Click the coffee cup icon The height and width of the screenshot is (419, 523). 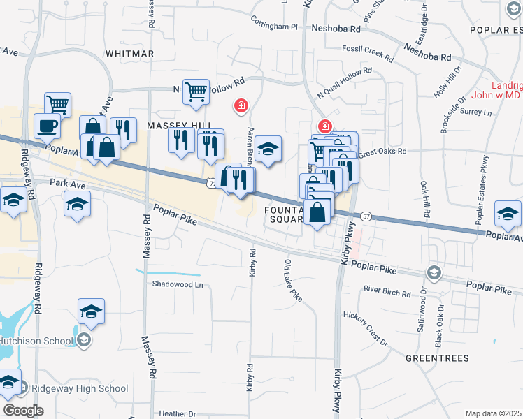[x=48, y=126]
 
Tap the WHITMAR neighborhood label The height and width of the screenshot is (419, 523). [x=129, y=54]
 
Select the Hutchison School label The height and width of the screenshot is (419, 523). [x=36, y=341]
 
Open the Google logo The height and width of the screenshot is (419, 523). [x=23, y=411]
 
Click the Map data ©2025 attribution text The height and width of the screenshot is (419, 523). [x=493, y=413]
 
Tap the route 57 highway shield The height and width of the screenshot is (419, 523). [x=365, y=217]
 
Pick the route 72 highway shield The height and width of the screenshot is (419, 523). [x=210, y=183]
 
